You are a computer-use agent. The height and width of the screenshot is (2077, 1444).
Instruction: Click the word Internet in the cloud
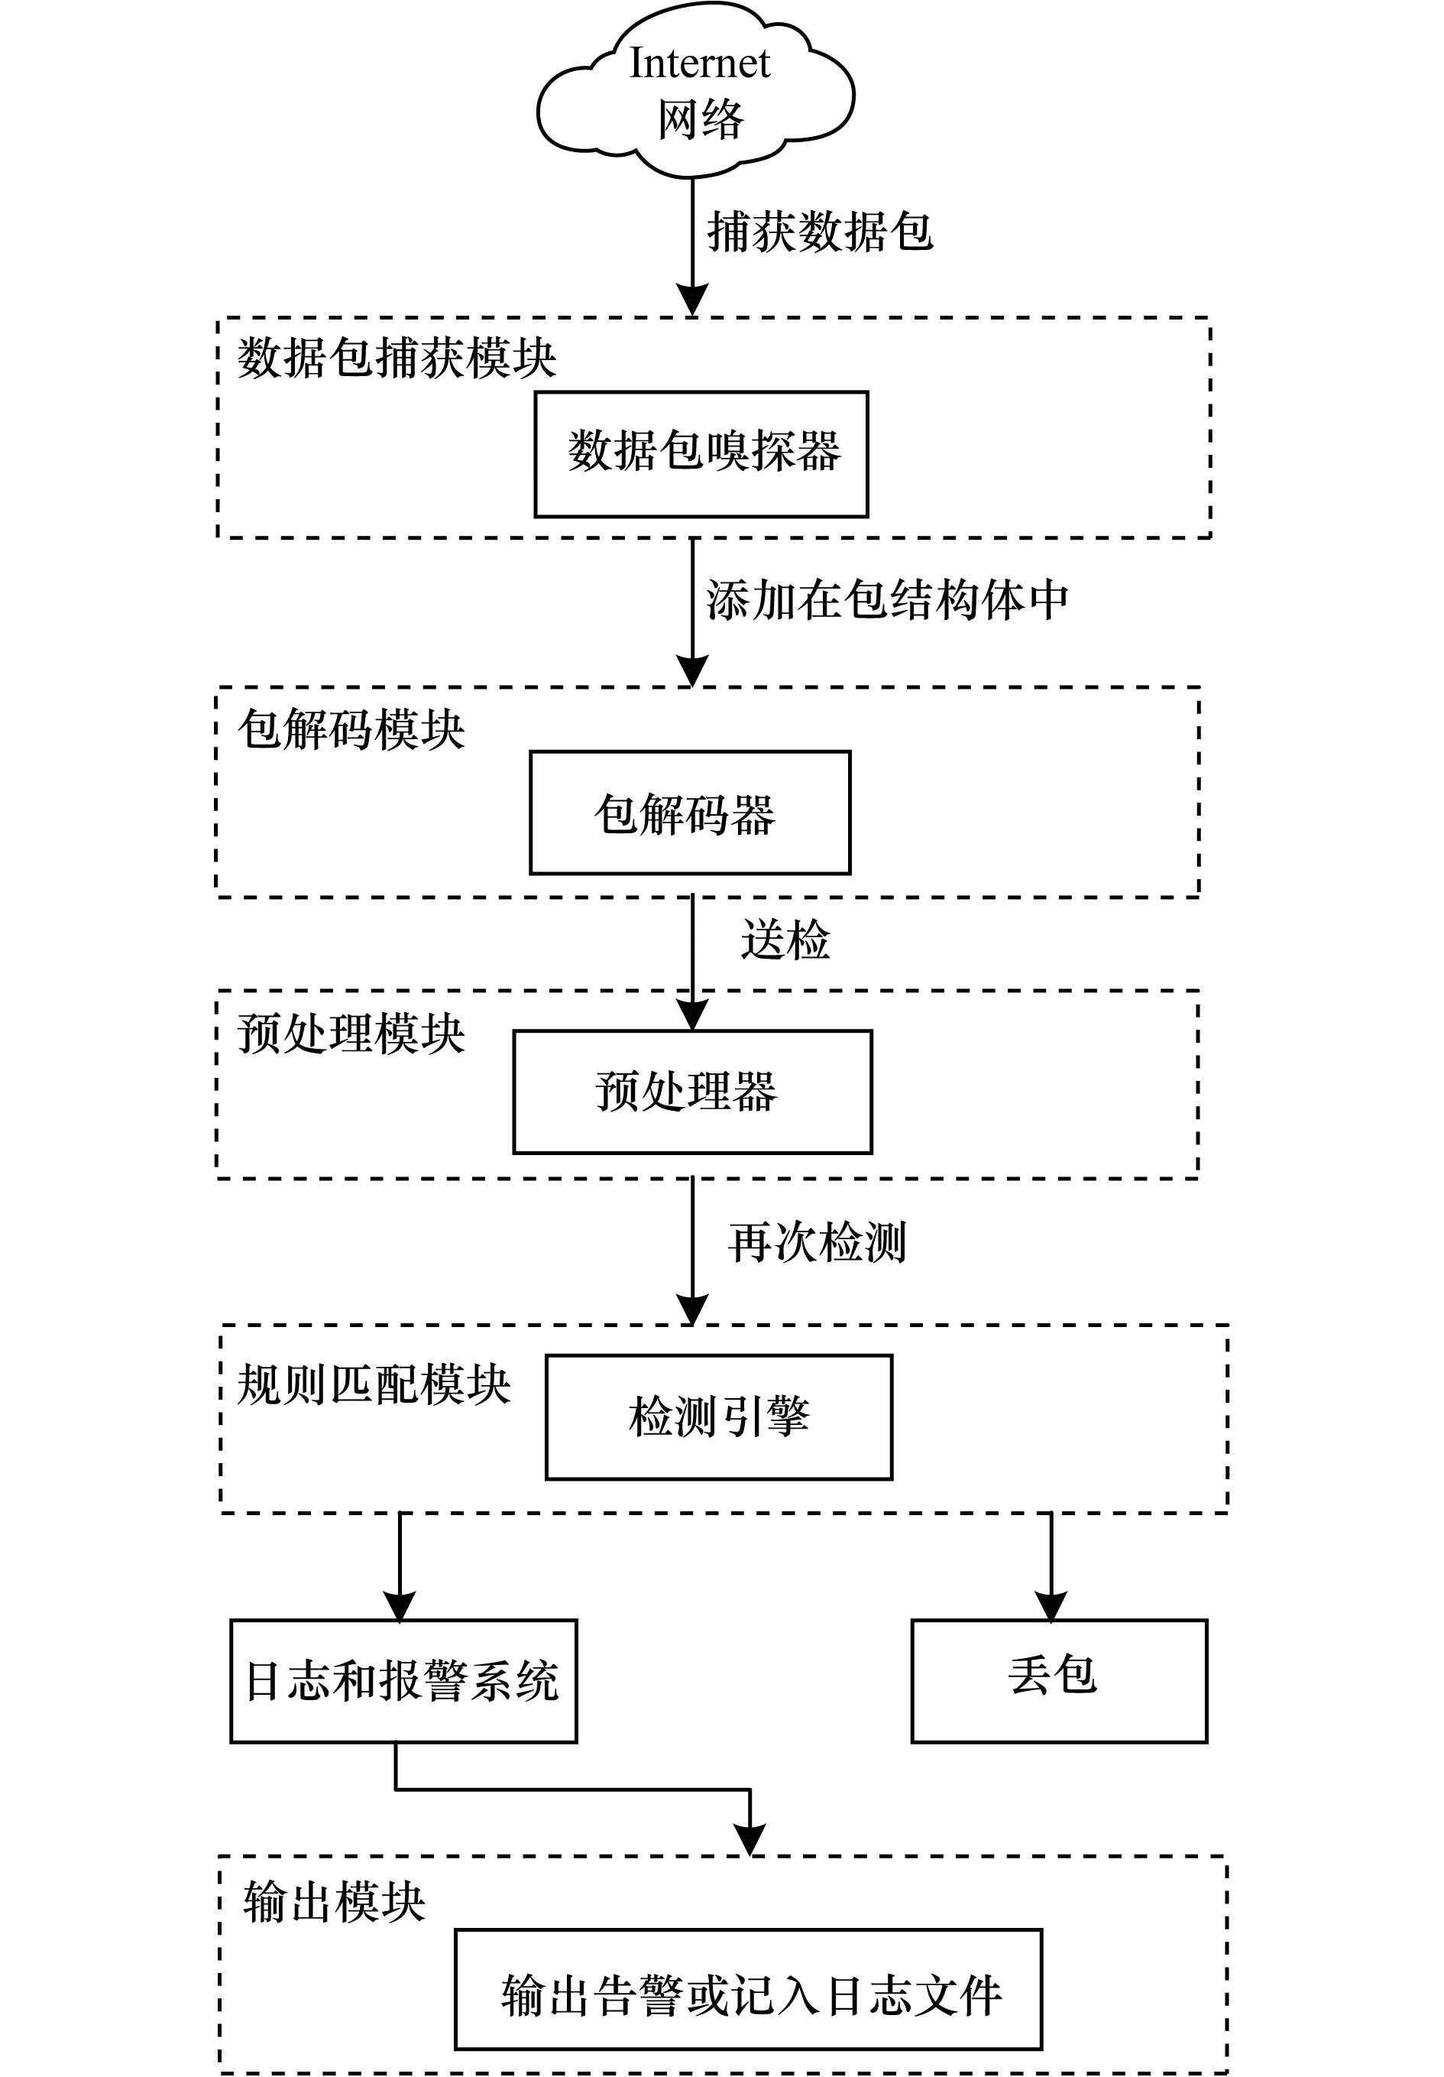point(699,63)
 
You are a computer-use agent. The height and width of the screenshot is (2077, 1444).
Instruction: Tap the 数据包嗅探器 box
point(701,454)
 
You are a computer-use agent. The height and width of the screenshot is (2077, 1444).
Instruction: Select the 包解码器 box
point(689,813)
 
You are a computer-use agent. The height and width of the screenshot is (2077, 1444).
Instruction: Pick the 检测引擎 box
point(718,1417)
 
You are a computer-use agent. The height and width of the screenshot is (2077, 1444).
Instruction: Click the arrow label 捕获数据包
point(819,232)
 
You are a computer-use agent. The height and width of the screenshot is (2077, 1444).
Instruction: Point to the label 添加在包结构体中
point(887,601)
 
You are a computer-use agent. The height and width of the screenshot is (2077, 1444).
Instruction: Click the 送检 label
point(785,940)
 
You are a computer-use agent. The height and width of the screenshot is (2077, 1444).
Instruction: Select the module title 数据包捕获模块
point(396,359)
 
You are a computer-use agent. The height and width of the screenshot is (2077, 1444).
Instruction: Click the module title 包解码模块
point(351,729)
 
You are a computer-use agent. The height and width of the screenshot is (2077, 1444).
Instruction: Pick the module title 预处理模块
point(351,1033)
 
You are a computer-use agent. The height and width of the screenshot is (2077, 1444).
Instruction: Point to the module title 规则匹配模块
point(374,1385)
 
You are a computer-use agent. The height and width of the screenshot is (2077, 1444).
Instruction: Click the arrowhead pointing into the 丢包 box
point(1051,1608)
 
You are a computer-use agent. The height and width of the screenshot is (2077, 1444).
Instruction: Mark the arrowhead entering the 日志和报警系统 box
point(400,1608)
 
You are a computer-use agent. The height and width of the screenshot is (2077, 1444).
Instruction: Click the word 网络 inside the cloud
point(700,119)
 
